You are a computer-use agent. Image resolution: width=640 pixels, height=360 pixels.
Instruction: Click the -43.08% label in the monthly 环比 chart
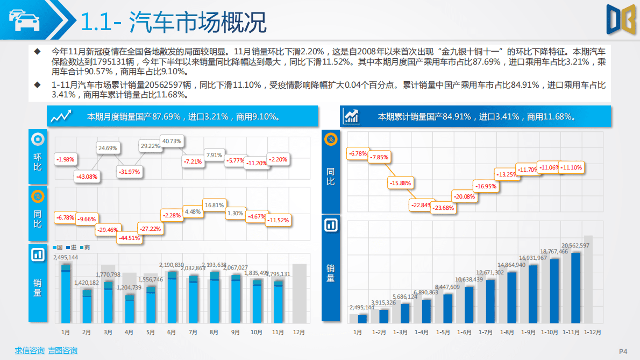point(87,177)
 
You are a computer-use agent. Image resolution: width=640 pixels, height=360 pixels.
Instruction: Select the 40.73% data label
point(172,142)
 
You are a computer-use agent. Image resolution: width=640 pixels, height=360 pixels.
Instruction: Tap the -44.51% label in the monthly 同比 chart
point(129,238)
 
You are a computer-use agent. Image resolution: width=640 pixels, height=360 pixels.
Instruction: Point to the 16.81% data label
point(214,205)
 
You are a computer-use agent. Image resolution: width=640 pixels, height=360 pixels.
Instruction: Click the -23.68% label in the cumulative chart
point(444,208)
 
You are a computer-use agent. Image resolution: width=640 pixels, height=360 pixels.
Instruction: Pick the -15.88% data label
point(401,183)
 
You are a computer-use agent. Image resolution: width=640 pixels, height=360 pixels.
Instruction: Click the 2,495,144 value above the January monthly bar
point(66,257)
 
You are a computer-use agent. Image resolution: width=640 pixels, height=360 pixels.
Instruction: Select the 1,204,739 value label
point(129,287)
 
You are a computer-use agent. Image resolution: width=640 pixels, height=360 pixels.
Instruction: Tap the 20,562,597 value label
point(575,245)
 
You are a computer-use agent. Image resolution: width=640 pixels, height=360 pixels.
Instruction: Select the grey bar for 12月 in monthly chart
point(299,293)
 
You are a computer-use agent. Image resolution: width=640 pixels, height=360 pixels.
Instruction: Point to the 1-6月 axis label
point(465,333)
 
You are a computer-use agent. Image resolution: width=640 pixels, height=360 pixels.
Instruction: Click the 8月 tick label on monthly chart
point(214,333)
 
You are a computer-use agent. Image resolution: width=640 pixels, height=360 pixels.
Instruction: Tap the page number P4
point(623,351)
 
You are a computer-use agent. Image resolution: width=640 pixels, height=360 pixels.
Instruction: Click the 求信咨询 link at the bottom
point(30,351)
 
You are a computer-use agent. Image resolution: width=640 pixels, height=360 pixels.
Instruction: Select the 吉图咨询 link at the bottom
point(63,351)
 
